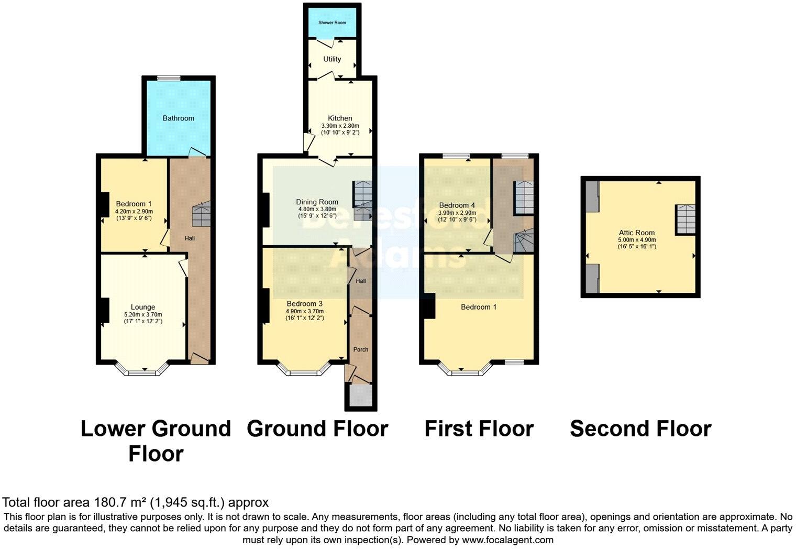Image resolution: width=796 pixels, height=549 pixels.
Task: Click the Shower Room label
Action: coord(332,23)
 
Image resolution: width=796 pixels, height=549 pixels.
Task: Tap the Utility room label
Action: coord(332,59)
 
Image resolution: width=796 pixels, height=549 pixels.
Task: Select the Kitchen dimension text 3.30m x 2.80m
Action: coord(340,126)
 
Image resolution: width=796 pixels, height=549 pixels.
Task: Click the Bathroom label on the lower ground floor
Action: coord(178,118)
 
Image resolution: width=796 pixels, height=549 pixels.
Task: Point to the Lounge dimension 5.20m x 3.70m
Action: coord(143,314)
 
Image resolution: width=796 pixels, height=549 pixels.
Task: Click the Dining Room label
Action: coord(317,202)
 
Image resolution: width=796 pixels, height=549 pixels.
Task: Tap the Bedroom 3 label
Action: coord(304,303)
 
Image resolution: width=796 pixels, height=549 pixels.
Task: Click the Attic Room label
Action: coord(636,233)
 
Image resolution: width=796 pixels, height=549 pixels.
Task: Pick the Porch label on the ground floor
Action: coord(361,349)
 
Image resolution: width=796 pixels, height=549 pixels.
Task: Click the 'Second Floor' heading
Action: coord(640,429)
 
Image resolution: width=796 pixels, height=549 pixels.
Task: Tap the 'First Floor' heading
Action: coord(479,429)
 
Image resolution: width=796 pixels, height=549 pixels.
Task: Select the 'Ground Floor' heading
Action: coord(317,429)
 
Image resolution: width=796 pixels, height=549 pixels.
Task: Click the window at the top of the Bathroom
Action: coord(169,79)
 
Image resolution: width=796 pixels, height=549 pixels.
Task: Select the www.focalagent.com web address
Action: coord(507,540)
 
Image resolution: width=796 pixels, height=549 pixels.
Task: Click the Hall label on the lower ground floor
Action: coord(190,238)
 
